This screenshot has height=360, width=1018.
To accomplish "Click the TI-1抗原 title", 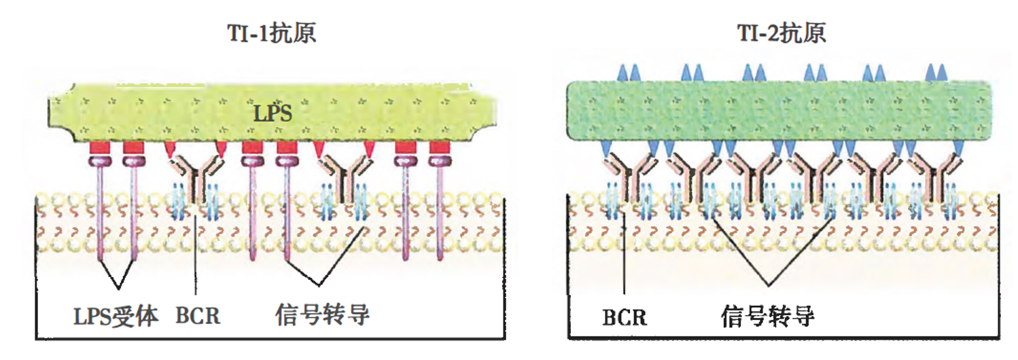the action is click(x=271, y=33).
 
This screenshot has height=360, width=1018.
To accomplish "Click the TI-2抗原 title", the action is click(x=782, y=33).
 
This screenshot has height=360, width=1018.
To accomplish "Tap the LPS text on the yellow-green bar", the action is click(x=273, y=113).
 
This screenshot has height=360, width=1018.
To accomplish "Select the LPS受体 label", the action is click(x=116, y=316).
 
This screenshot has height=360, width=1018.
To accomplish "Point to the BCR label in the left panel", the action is click(x=198, y=316).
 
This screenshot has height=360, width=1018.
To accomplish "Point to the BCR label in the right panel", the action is click(x=624, y=317).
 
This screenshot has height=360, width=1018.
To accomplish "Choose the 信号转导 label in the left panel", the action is click(x=322, y=314).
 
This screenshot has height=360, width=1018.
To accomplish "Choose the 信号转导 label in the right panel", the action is click(x=768, y=316).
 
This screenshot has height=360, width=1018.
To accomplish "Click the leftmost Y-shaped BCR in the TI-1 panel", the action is click(x=196, y=178).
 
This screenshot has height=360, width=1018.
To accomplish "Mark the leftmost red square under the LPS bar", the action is click(x=99, y=147).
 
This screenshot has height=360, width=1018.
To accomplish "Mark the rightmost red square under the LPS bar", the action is click(x=440, y=147).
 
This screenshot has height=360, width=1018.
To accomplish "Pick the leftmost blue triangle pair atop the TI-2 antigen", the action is click(x=628, y=73).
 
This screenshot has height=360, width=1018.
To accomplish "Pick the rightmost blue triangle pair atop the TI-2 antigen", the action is click(x=936, y=73).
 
